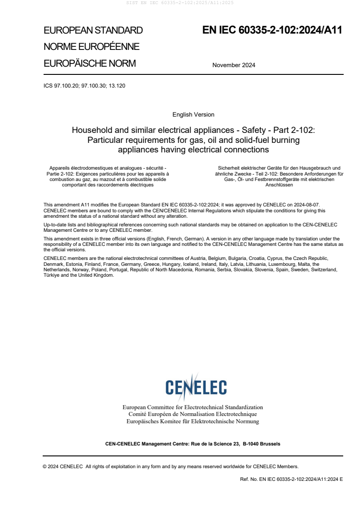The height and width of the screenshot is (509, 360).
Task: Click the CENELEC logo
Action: point(196,387)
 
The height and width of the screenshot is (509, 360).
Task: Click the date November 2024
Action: point(233,65)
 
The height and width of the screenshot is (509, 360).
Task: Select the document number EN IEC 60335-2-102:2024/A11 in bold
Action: point(272,30)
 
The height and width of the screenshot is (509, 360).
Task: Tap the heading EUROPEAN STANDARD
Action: point(93,30)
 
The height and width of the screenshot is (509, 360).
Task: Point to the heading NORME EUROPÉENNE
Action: point(91,47)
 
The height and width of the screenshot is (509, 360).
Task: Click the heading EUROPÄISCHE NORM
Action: point(89,64)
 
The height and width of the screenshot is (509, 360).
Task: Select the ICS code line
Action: point(84,85)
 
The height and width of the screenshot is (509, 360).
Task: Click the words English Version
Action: point(193,114)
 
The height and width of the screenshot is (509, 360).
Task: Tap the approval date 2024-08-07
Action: point(307,205)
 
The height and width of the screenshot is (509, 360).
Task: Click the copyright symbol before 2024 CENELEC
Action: point(45,466)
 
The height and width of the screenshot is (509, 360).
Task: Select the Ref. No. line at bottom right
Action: point(291,479)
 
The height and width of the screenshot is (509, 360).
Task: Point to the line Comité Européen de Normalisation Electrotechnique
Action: point(192,414)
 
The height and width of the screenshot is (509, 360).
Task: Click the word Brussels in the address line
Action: point(270,444)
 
